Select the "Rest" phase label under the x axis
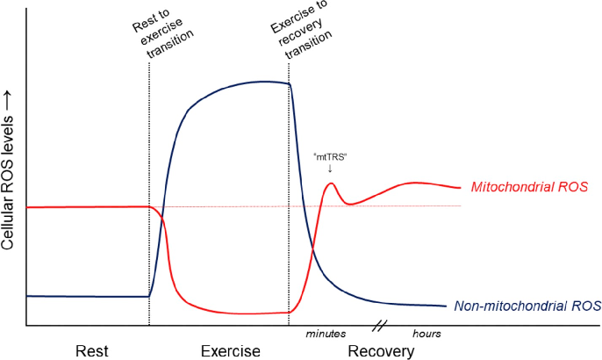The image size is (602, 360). [92, 351]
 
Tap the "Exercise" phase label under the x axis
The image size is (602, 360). [231, 351]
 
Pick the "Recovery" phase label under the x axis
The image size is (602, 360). [382, 351]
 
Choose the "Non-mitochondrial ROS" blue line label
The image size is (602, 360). [527, 306]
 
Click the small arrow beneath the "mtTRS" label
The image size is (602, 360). [330, 168]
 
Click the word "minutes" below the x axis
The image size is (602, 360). [326, 334]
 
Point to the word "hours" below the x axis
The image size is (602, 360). [426, 334]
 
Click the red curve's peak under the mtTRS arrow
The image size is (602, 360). [331, 184]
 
